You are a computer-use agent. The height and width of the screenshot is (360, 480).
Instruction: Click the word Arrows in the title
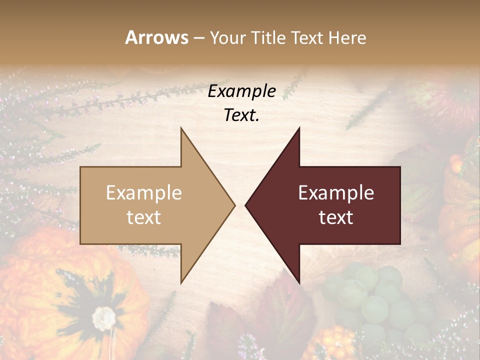click(156, 37)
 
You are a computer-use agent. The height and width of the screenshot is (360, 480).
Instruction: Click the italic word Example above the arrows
click(241, 91)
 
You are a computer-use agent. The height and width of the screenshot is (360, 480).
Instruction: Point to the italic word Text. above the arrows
click(241, 115)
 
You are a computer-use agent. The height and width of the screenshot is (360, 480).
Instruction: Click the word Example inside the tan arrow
click(143, 193)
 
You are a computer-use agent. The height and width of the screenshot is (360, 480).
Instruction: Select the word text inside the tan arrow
click(143, 217)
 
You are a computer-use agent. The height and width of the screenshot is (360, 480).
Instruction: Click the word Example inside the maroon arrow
click(336, 193)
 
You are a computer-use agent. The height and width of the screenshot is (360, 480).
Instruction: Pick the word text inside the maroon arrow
click(336, 217)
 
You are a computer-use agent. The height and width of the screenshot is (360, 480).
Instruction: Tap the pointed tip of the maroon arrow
click(246, 205)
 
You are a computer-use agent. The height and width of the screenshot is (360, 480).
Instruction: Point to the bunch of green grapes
click(375, 300)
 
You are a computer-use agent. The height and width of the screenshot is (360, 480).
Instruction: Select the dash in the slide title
click(198, 38)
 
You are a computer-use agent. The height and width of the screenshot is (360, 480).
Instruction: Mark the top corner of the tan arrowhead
click(181, 128)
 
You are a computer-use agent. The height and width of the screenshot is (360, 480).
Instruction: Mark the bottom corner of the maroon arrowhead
click(299, 282)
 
